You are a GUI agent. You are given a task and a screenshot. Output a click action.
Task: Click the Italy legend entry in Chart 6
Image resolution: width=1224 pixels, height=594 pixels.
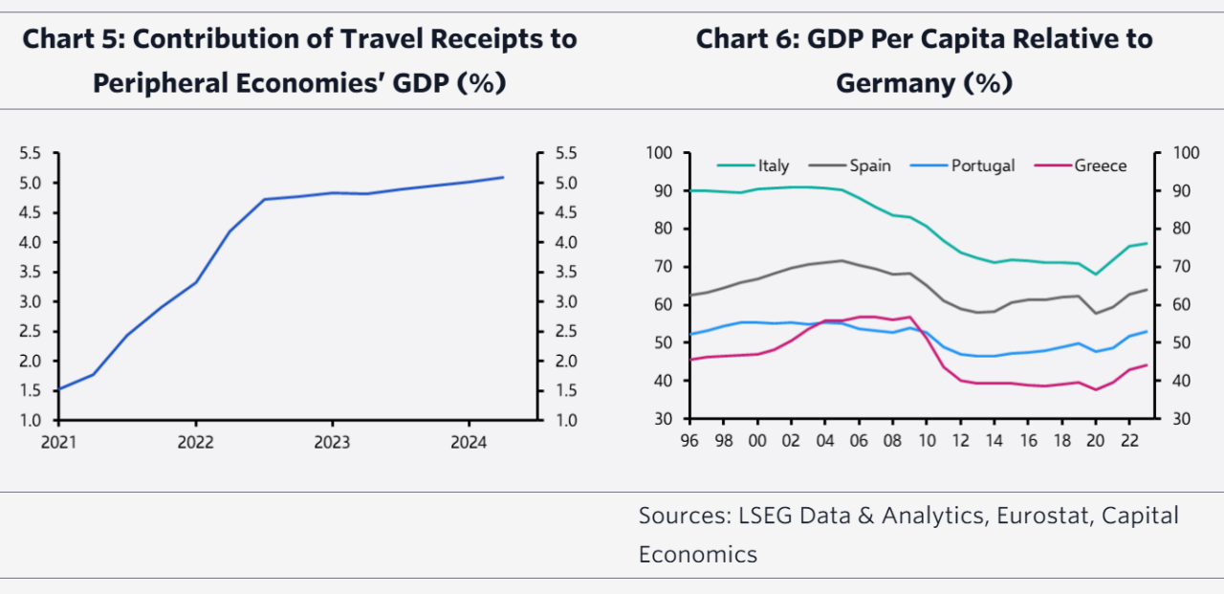774,165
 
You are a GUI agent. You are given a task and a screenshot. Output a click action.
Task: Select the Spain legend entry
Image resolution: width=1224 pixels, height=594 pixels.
870,165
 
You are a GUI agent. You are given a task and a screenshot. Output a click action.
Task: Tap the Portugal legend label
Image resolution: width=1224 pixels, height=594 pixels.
982,165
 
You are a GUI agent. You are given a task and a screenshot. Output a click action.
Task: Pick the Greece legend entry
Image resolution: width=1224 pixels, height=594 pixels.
1100,165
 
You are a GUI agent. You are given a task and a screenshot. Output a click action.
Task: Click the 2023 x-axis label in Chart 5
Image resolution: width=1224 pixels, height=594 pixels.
332,443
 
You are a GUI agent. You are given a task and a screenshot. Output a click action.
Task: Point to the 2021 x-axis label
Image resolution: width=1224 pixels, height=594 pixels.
58,443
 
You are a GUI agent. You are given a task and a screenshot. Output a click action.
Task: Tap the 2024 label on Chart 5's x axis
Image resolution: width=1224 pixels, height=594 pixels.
469,443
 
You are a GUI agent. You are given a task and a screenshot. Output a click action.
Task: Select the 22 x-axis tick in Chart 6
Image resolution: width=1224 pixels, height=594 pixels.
1130,443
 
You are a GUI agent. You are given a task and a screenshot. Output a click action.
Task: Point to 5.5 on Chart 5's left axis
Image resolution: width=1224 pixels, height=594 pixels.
33,153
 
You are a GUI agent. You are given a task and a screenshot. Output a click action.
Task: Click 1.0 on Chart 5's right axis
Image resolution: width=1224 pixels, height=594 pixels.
566,420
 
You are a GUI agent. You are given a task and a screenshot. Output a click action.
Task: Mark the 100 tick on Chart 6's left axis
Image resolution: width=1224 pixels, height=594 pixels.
660,153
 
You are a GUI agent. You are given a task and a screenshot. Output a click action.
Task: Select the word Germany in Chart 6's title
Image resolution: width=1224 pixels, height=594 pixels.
893,83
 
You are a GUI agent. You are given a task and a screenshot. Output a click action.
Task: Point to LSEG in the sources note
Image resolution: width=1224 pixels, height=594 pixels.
766,516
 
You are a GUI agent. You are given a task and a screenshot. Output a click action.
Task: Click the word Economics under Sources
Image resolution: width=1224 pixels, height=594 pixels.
698,554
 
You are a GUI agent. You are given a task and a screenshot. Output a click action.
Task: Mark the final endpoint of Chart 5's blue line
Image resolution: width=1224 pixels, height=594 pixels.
503,177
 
